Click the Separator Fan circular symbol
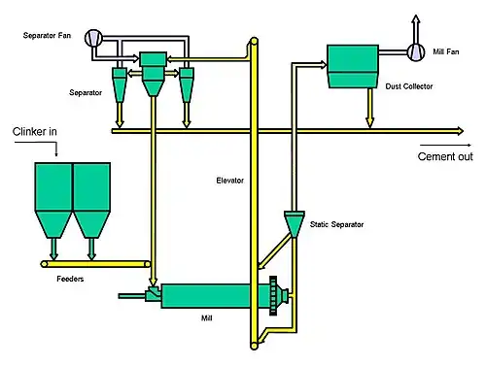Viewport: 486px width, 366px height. [x=93, y=38]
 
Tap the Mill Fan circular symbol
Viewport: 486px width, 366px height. [x=416, y=51]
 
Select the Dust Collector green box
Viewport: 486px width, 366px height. [x=353, y=66]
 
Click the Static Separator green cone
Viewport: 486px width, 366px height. [x=295, y=224]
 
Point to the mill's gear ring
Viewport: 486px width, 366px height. [x=273, y=296]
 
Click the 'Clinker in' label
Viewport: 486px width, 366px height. [x=35, y=131]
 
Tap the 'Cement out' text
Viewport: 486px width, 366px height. [x=445, y=156]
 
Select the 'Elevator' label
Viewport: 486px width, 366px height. [x=229, y=181]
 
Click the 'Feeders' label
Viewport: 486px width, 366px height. [x=70, y=279]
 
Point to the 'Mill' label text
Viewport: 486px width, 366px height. [x=206, y=318]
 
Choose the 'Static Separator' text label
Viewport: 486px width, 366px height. [x=336, y=224]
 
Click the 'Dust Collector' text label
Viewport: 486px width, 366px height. [x=409, y=86]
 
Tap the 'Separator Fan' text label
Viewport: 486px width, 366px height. [x=47, y=35]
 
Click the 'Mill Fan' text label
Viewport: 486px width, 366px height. [x=446, y=51]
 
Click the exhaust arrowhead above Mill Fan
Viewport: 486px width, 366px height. [x=416, y=18]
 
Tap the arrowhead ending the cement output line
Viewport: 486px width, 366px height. [x=461, y=131]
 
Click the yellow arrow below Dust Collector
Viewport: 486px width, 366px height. [x=369, y=108]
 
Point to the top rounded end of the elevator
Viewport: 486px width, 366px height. [x=254, y=42]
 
